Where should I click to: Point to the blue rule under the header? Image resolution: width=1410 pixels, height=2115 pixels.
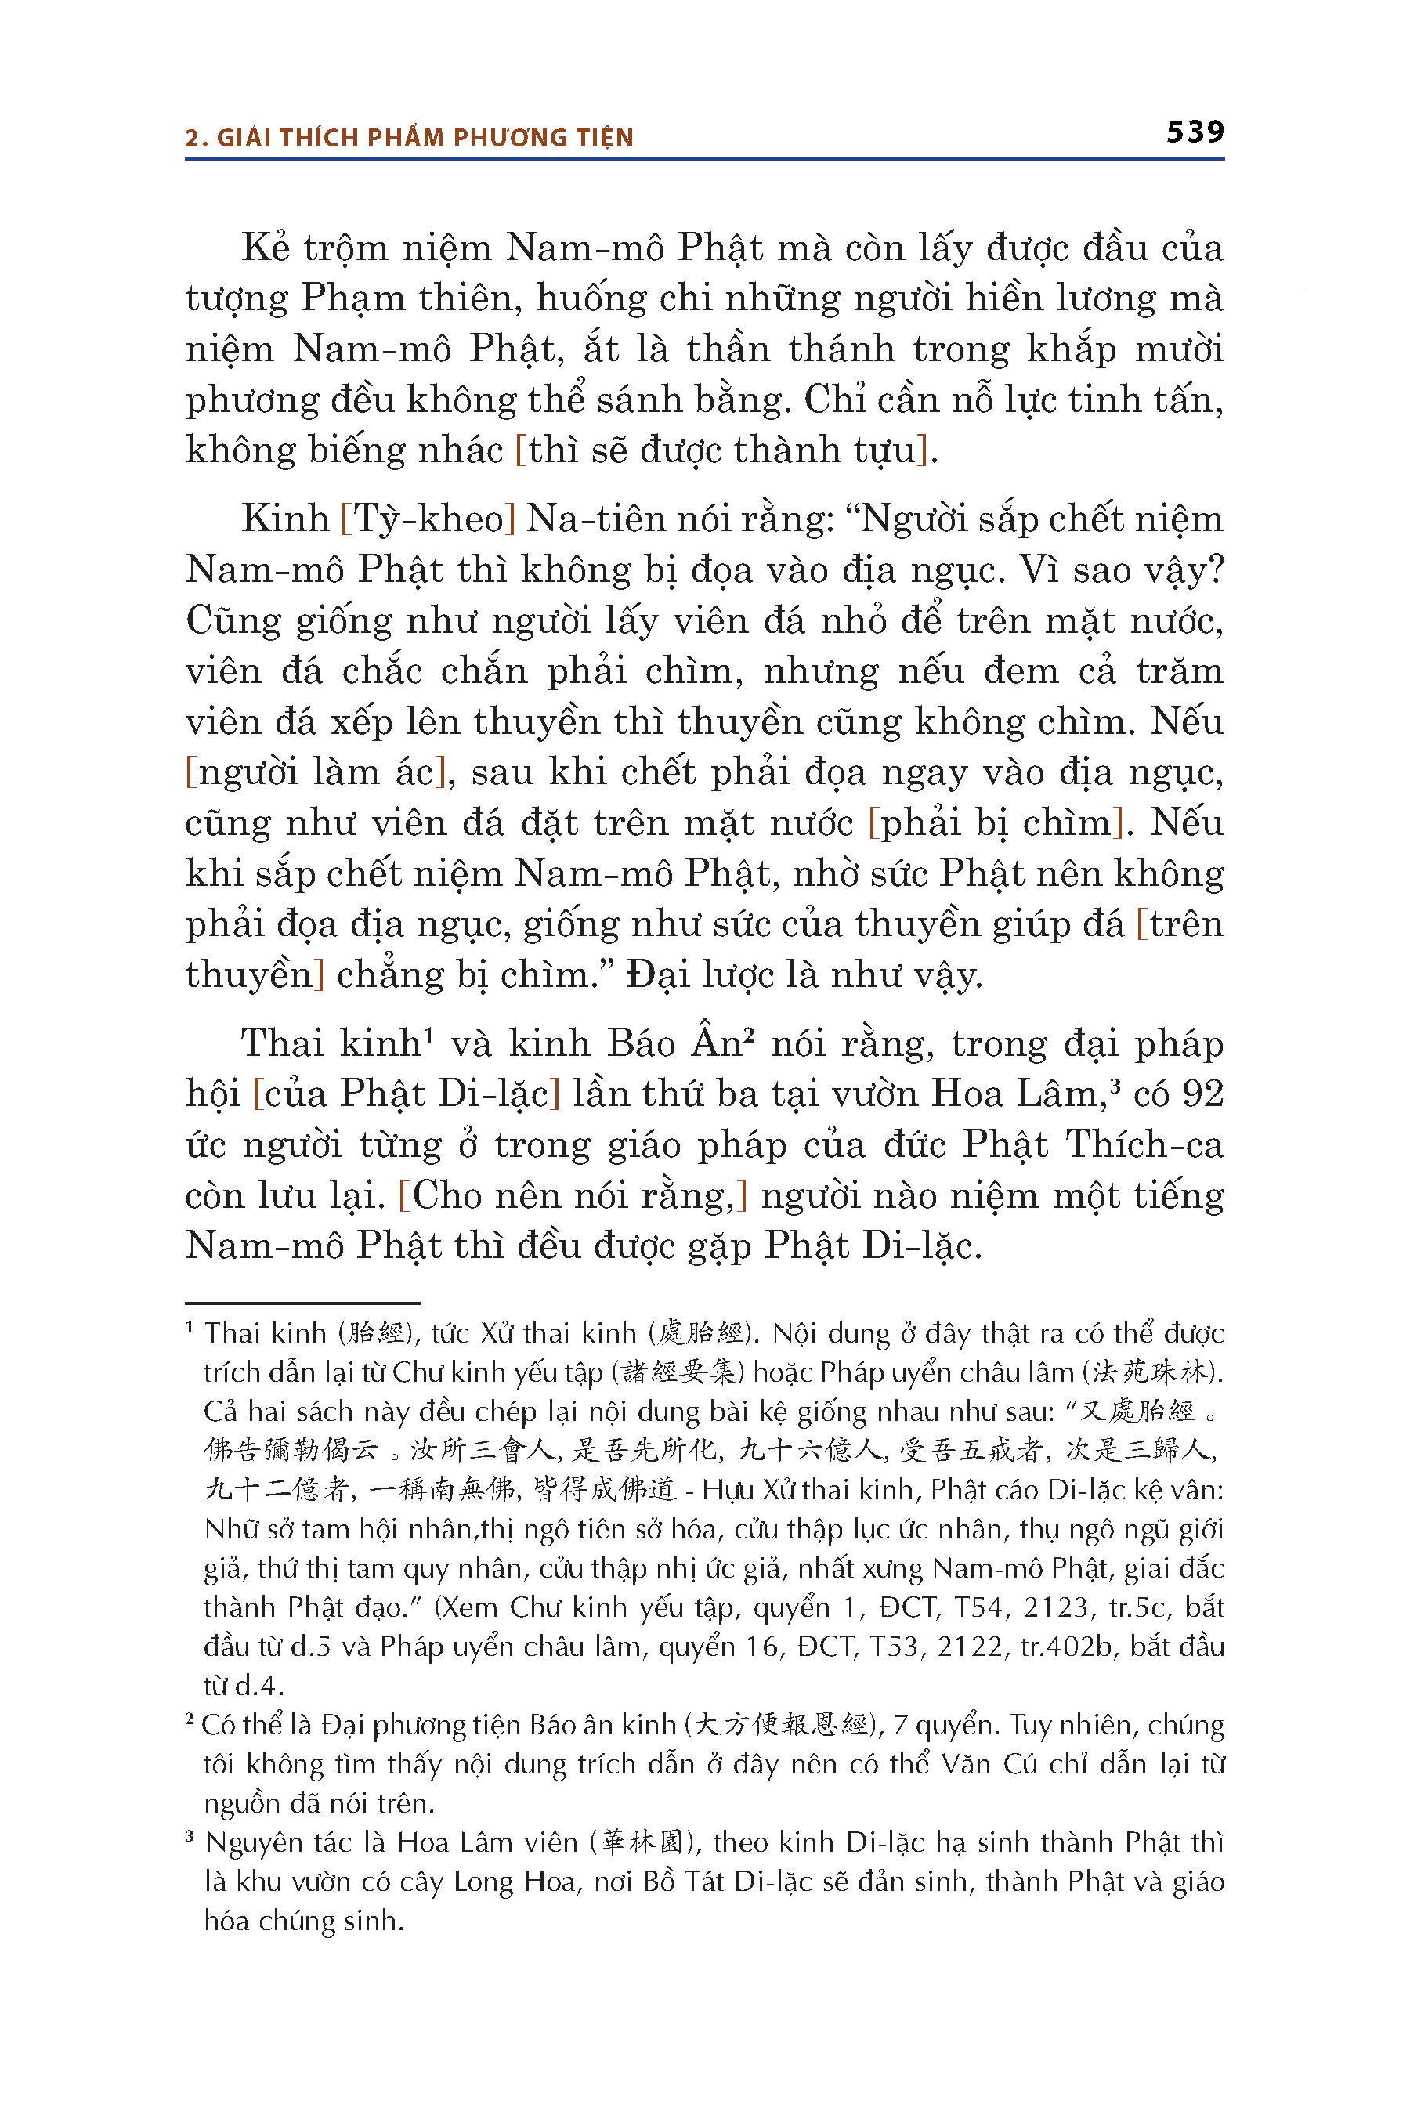tap(704, 159)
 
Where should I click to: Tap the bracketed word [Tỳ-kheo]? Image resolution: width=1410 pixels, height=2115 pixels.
tap(428, 519)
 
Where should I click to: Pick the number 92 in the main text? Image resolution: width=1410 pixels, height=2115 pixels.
tap(1202, 1094)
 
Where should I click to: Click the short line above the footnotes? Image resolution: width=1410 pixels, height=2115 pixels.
tap(302, 1302)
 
